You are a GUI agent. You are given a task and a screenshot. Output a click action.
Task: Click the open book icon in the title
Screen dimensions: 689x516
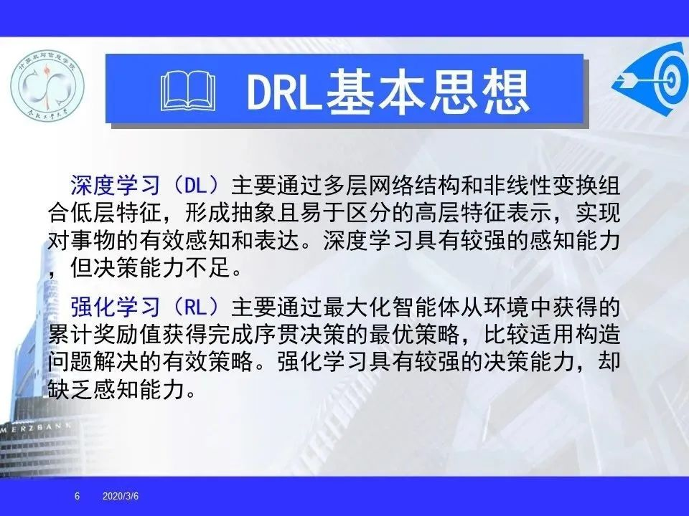tap(188, 91)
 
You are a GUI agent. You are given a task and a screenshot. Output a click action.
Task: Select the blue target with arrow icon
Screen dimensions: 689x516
tap(651, 78)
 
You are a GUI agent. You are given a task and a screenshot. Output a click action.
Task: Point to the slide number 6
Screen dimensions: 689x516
tap(78, 496)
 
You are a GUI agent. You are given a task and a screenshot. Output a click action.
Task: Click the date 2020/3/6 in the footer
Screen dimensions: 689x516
tap(121, 496)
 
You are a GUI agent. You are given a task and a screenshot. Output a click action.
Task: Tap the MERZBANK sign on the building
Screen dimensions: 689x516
tap(35, 428)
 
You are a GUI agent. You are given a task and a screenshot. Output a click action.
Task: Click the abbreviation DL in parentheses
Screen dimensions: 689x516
tap(196, 186)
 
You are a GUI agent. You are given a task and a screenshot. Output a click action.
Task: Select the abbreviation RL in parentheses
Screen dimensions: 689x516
tap(196, 307)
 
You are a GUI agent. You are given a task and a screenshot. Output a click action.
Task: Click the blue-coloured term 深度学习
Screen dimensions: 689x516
tap(116, 186)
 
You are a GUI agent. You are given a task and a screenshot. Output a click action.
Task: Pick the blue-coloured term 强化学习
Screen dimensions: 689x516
tap(116, 307)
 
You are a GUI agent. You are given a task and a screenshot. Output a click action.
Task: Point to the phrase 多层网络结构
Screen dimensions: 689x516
tap(392, 186)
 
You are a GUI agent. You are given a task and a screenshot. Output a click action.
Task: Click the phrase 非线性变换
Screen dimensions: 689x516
tap(540, 186)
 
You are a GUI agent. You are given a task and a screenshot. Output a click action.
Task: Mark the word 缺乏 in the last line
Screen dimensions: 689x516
tap(71, 390)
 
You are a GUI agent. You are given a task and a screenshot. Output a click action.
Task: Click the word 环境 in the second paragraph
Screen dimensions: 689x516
tap(506, 307)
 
